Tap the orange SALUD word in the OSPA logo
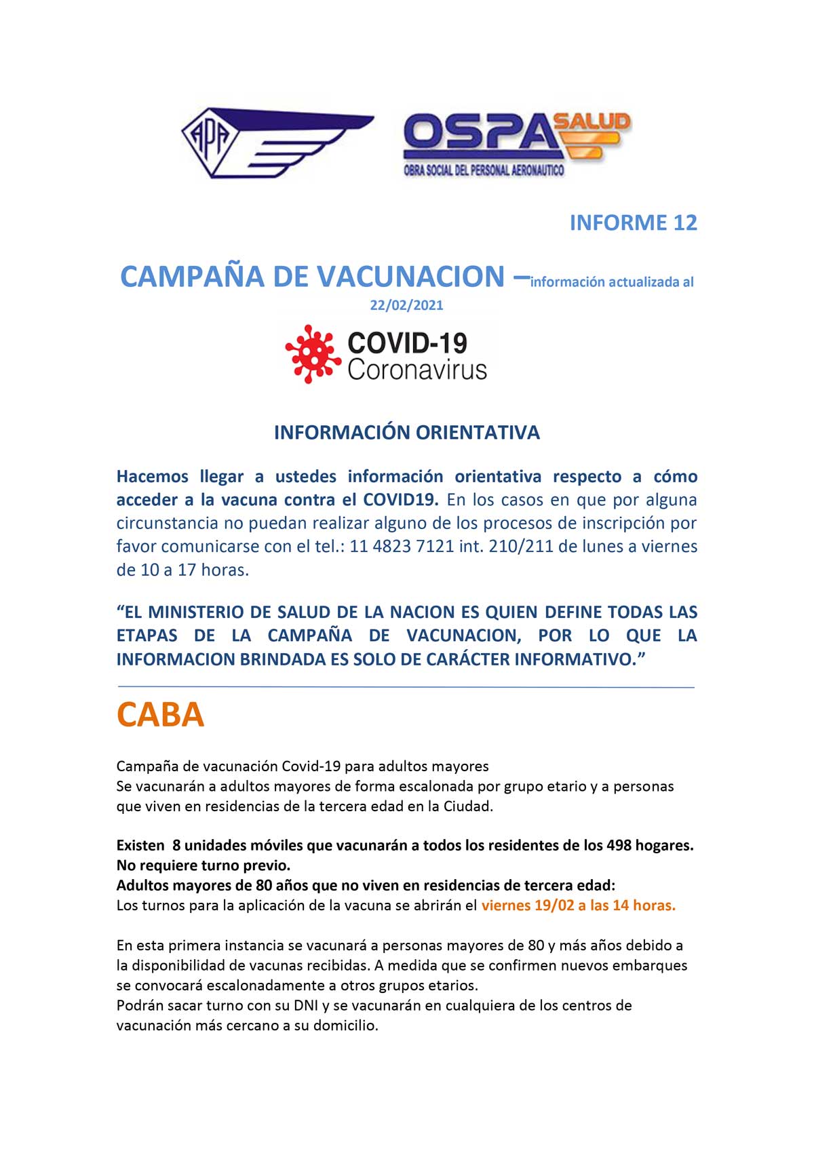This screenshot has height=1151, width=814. (592, 122)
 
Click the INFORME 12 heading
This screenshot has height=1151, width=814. (633, 222)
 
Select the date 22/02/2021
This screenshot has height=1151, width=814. (406, 305)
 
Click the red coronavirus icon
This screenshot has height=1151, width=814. (313, 353)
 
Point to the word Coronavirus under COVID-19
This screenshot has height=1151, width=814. (416, 370)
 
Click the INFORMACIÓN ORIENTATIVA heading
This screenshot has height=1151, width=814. (406, 433)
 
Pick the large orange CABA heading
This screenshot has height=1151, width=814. (160, 715)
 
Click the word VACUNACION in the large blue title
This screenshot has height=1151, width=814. (412, 277)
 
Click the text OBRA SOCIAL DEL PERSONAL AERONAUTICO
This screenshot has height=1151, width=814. (484, 170)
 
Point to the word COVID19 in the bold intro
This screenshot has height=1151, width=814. (401, 500)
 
